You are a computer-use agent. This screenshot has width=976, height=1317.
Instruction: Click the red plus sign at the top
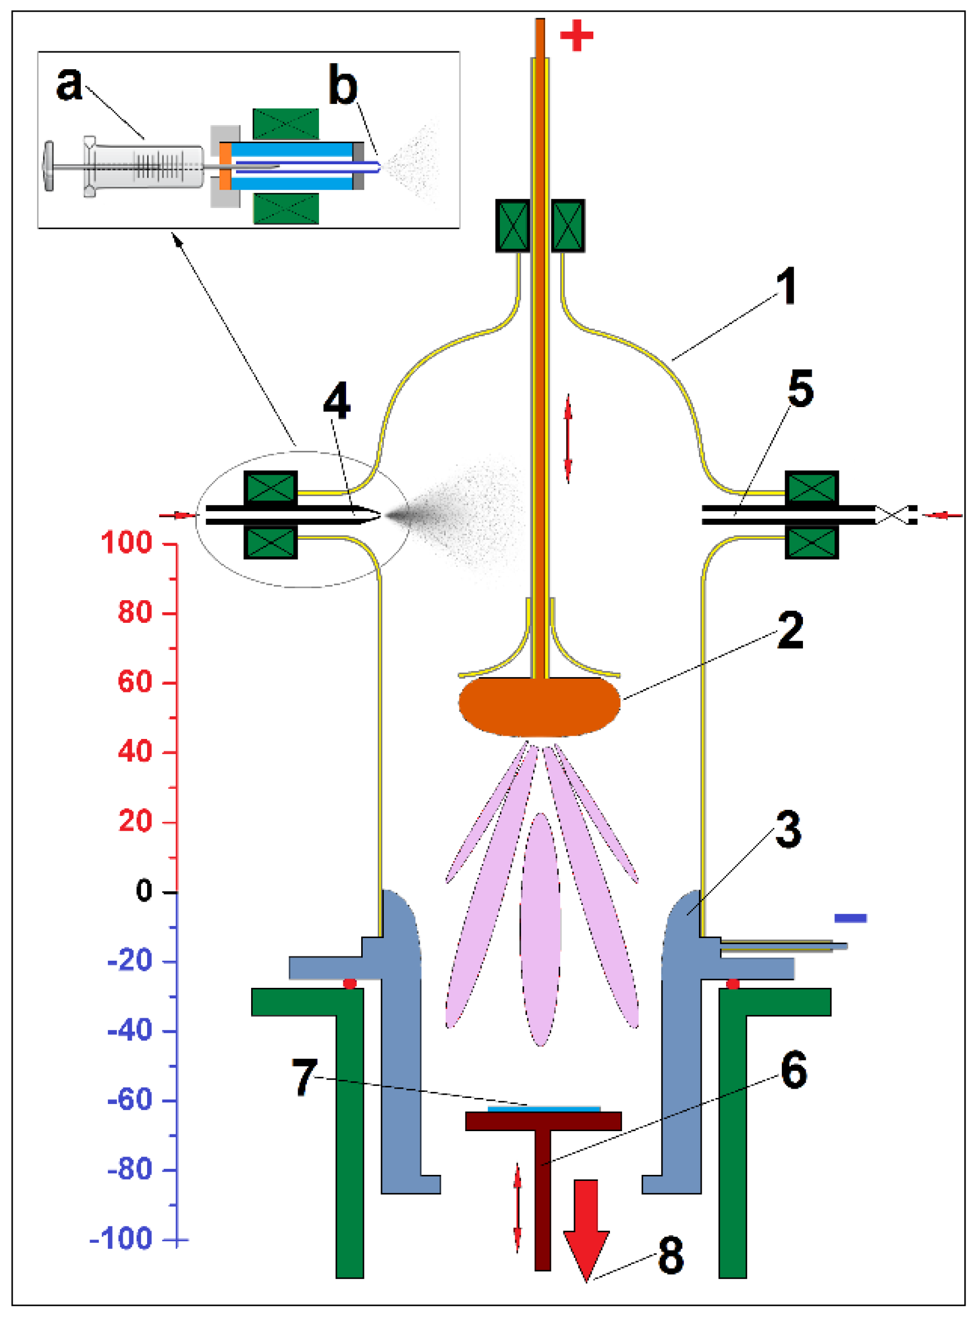(x=576, y=35)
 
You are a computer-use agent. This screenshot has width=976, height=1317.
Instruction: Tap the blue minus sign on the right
(x=849, y=918)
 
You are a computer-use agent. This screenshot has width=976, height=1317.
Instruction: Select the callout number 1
(x=786, y=286)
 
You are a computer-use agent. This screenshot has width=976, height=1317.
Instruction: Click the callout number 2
(x=790, y=631)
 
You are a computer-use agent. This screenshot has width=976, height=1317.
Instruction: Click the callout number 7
(x=305, y=1076)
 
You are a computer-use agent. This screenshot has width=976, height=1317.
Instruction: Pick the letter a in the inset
(x=69, y=84)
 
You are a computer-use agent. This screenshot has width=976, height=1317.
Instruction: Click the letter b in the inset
(x=343, y=86)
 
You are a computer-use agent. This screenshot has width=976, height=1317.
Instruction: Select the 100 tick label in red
(x=127, y=543)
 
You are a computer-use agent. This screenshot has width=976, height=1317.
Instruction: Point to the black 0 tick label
(x=144, y=891)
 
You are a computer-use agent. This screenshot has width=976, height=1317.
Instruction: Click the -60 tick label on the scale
(x=130, y=1100)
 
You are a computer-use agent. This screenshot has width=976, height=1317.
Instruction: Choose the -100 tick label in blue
(x=121, y=1238)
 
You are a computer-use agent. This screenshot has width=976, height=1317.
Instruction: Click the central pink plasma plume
(x=540, y=928)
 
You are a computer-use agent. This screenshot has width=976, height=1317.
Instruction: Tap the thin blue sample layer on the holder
(x=544, y=1109)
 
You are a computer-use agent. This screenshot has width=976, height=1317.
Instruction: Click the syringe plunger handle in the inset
(x=49, y=166)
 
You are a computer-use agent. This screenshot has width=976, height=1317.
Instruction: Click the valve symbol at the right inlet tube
(x=895, y=514)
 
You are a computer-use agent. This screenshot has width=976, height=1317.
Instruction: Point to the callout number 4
(x=337, y=400)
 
